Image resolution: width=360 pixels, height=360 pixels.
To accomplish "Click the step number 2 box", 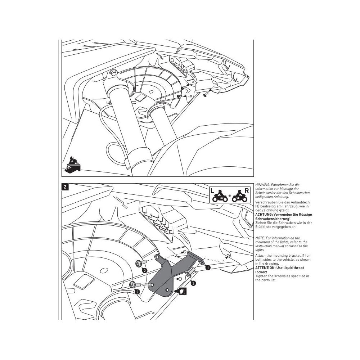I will [x=64, y=187].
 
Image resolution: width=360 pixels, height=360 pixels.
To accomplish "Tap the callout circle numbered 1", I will [x=207, y=267].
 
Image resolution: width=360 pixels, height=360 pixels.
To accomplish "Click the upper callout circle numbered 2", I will [x=144, y=270].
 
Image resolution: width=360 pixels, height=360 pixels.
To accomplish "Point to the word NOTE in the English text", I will [x=259, y=238].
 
